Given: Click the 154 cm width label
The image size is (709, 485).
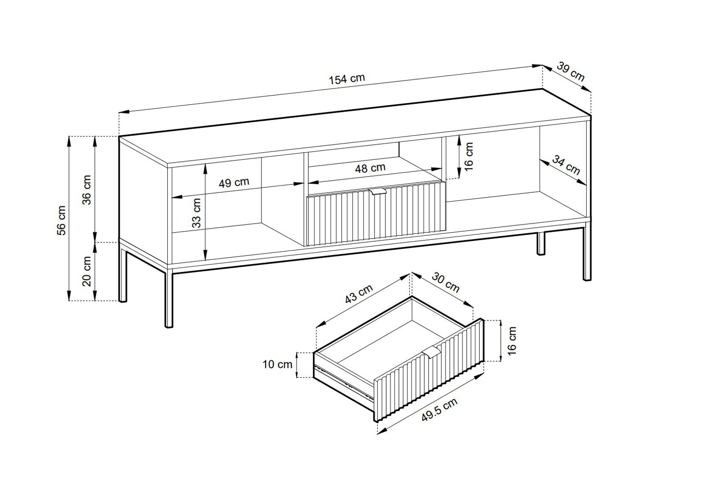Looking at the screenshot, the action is click(347, 79).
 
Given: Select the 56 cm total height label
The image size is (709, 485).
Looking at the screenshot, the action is click(62, 220).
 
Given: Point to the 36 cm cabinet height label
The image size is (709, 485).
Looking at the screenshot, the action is click(87, 190).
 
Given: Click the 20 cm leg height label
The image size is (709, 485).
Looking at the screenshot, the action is click(87, 272).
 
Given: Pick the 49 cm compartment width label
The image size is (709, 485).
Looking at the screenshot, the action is click(234, 182).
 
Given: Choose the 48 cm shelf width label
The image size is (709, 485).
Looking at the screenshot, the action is click(370, 168).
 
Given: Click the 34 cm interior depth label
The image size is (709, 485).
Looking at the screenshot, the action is click(566, 165).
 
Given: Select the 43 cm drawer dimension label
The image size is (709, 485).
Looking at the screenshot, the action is click(359, 294).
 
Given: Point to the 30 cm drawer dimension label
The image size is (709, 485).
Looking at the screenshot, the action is click(446, 282).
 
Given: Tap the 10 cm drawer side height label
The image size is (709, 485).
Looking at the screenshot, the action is click(277, 365).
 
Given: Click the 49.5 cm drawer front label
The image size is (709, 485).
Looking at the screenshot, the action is click(440, 410).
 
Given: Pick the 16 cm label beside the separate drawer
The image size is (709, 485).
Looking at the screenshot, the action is click(512, 341).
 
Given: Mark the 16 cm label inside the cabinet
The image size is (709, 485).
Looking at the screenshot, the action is click(469, 157).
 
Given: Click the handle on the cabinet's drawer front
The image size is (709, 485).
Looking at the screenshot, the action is click(378, 192).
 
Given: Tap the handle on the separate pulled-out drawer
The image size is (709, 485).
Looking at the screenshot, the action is click(431, 351).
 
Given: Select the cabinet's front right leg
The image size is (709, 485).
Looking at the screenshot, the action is click(587, 251).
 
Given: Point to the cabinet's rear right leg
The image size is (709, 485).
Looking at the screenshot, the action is click(541, 243).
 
